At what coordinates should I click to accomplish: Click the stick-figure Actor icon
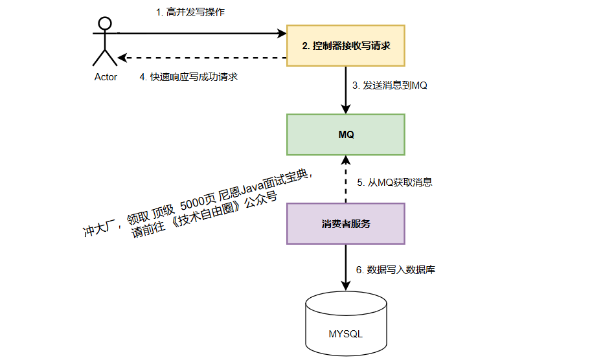pos(105,43)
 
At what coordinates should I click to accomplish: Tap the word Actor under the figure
pos(106,77)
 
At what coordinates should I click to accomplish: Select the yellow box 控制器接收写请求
pos(346,46)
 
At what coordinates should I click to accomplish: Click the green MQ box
pos(346,135)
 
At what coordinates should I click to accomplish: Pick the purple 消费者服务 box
pos(346,224)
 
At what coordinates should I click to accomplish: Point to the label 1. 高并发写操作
pos(190,12)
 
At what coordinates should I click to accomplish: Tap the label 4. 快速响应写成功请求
pos(189,76)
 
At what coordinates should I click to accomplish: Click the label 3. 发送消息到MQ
pos(389,85)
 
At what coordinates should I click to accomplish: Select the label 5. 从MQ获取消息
pos(394,183)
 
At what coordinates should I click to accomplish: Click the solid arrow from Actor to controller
pos(201,32)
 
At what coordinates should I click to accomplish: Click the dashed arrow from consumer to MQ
pos(346,180)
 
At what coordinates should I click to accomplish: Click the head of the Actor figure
pos(105,24)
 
